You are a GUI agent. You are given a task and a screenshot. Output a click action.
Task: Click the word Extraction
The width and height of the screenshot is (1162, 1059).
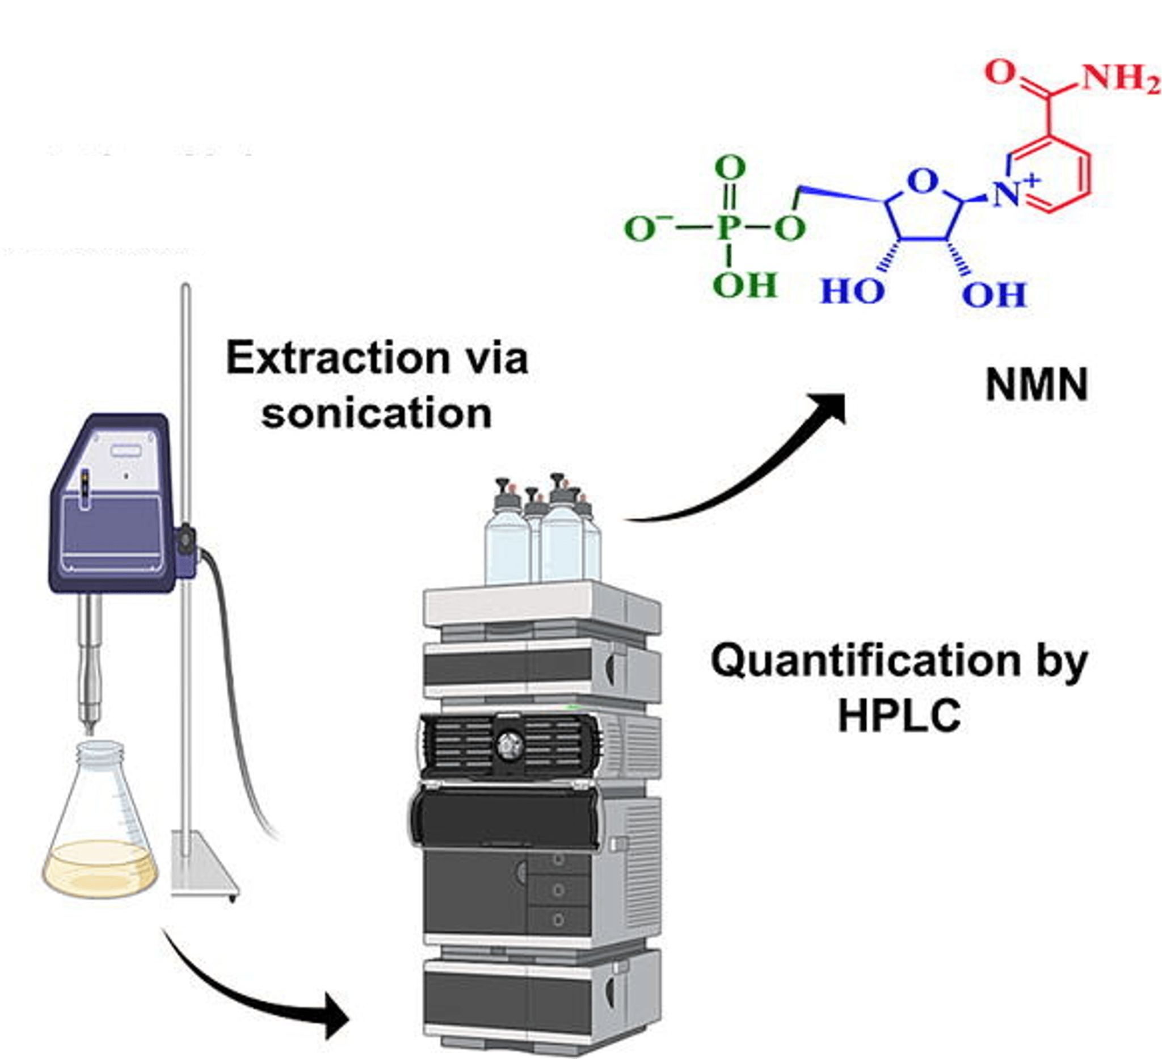pyautogui.click(x=338, y=359)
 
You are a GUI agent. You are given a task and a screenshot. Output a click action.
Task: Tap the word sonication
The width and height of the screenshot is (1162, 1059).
pyautogui.click(x=376, y=414)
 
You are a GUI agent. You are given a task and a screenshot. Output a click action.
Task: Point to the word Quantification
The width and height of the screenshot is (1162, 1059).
pyautogui.click(x=866, y=661)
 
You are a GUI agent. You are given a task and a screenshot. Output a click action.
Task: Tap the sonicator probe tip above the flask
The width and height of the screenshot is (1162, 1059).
pyautogui.click(x=89, y=728)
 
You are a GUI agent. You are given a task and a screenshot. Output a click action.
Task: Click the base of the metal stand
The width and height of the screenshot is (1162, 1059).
pyautogui.click(x=205, y=865)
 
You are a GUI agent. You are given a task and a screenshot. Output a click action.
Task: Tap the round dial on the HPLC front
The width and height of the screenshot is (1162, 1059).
pyautogui.click(x=508, y=745)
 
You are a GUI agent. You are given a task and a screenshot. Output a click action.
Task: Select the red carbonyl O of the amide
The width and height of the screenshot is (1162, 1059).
pyautogui.click(x=1000, y=72)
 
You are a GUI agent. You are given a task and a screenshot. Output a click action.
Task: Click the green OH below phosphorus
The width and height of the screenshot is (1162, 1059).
pyautogui.click(x=746, y=285)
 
